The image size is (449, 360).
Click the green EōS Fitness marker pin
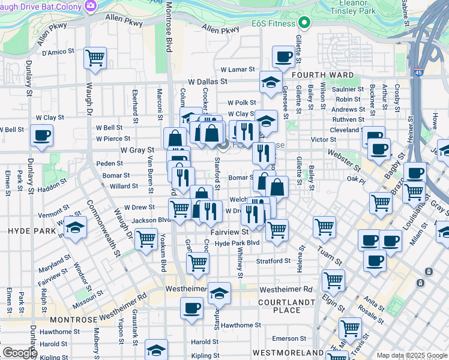304,24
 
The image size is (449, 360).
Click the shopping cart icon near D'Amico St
95,58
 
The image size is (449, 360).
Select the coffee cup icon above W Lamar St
283,56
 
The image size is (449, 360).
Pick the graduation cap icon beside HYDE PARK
75,227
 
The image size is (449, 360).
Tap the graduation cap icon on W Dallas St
271,82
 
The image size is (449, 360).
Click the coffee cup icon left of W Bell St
41,135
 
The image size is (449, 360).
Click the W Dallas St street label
207,81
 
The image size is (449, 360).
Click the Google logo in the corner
19,352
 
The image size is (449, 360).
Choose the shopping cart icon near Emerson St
350,328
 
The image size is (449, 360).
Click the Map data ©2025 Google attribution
411,355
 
